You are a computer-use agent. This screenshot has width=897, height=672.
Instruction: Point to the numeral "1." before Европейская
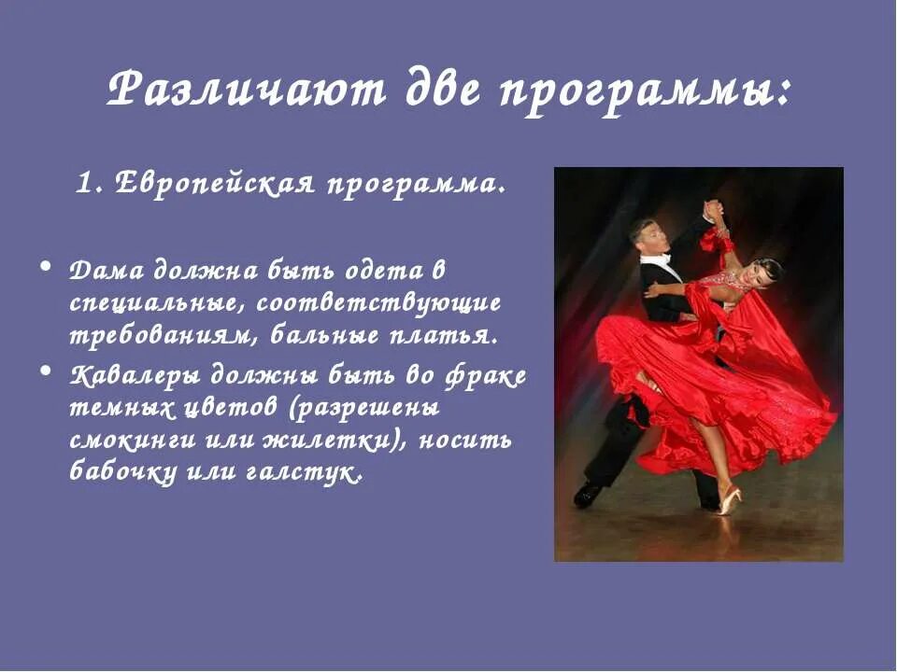coord(90,183)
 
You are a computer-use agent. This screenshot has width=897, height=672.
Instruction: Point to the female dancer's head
coord(765,273)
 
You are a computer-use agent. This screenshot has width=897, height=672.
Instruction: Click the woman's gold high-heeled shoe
coord(729,499)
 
